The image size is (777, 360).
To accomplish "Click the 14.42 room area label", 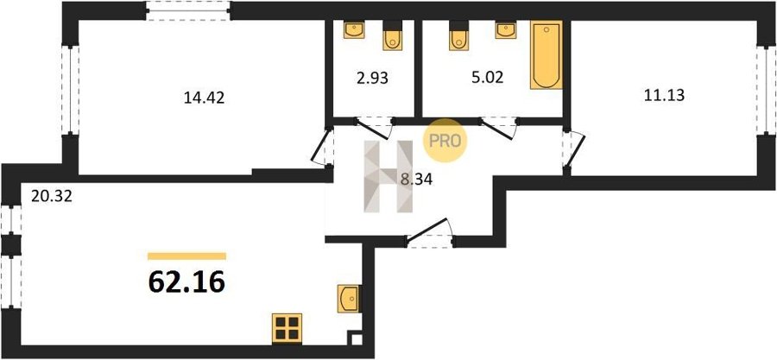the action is [204, 98].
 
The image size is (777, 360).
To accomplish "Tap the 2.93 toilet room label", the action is [372, 78].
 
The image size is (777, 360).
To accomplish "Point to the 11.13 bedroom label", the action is [664, 95].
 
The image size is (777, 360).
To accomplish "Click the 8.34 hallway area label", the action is [417, 180].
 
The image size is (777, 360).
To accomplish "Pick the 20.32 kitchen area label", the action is [52, 197].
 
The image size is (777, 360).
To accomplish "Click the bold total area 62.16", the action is [186, 283].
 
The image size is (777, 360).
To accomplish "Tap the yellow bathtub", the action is [546, 55].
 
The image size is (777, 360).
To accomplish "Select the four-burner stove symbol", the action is [287, 328].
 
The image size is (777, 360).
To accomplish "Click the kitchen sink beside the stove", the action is [350, 299].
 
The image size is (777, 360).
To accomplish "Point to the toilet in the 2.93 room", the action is [393, 37].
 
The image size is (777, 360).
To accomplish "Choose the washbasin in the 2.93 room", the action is [354, 29].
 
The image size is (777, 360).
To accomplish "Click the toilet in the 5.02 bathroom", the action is [459, 37].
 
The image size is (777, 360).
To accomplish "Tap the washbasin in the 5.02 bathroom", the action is [505, 29].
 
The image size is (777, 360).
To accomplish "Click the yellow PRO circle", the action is [445, 141].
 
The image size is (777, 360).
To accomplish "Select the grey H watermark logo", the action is [388, 177].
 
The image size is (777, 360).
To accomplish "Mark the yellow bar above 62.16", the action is [186, 256].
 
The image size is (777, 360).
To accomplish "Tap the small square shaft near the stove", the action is [356, 338].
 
